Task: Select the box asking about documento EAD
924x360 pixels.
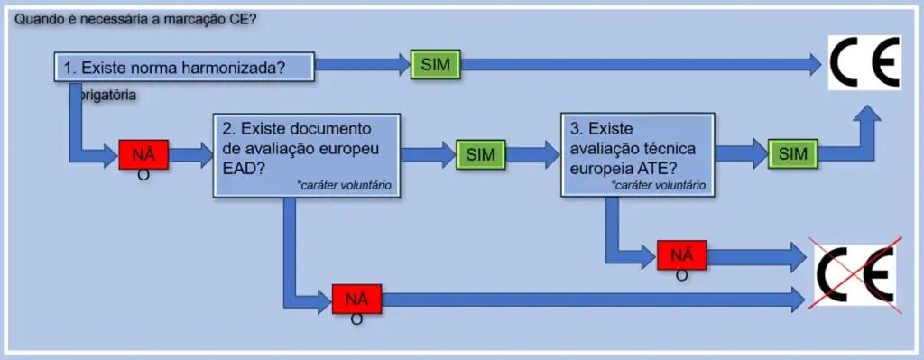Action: click(x=307, y=154)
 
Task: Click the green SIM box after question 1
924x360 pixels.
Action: click(x=435, y=64)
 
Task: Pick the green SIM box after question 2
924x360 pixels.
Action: click(x=481, y=154)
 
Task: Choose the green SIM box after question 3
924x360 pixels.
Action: click(x=793, y=154)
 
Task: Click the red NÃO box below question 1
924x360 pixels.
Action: click(x=143, y=154)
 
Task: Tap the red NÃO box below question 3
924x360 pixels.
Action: click(x=681, y=255)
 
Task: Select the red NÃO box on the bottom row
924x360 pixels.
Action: click(x=356, y=298)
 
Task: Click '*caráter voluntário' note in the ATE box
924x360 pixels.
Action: click(x=659, y=185)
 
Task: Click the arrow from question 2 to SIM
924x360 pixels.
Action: click(x=428, y=154)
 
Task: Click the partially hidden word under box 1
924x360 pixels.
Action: click(x=107, y=94)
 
